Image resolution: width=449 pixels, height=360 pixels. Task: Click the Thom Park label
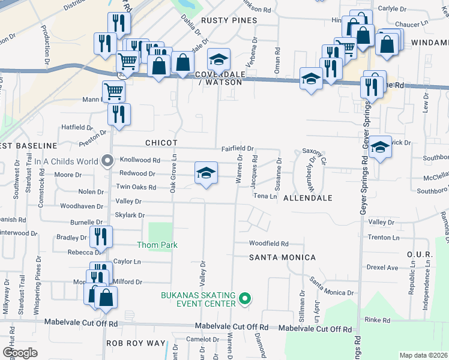[x=157, y=245]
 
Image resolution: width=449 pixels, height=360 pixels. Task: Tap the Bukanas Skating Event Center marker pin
[x=244, y=298]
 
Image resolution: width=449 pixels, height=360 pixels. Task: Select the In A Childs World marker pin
[x=108, y=161]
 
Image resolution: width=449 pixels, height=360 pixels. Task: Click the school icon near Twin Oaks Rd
[x=205, y=174]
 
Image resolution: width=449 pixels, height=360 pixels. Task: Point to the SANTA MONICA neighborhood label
[x=282, y=257]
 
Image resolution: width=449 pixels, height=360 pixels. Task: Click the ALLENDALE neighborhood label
[x=307, y=197]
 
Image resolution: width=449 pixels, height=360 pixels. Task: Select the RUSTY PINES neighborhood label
[x=229, y=20]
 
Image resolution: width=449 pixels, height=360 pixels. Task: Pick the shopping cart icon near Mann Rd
[x=113, y=91]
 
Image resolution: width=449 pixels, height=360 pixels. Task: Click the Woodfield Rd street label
[x=269, y=244]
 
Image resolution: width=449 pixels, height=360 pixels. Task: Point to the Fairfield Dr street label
[x=238, y=148]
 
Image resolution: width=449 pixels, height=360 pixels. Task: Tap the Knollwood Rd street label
[x=140, y=161]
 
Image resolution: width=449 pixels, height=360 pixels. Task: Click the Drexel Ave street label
[x=383, y=268]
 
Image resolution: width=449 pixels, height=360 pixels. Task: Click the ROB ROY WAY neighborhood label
[x=135, y=343]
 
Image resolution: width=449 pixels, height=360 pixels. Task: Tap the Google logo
[x=20, y=353]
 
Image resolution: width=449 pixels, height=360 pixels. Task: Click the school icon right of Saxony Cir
[x=380, y=148]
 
